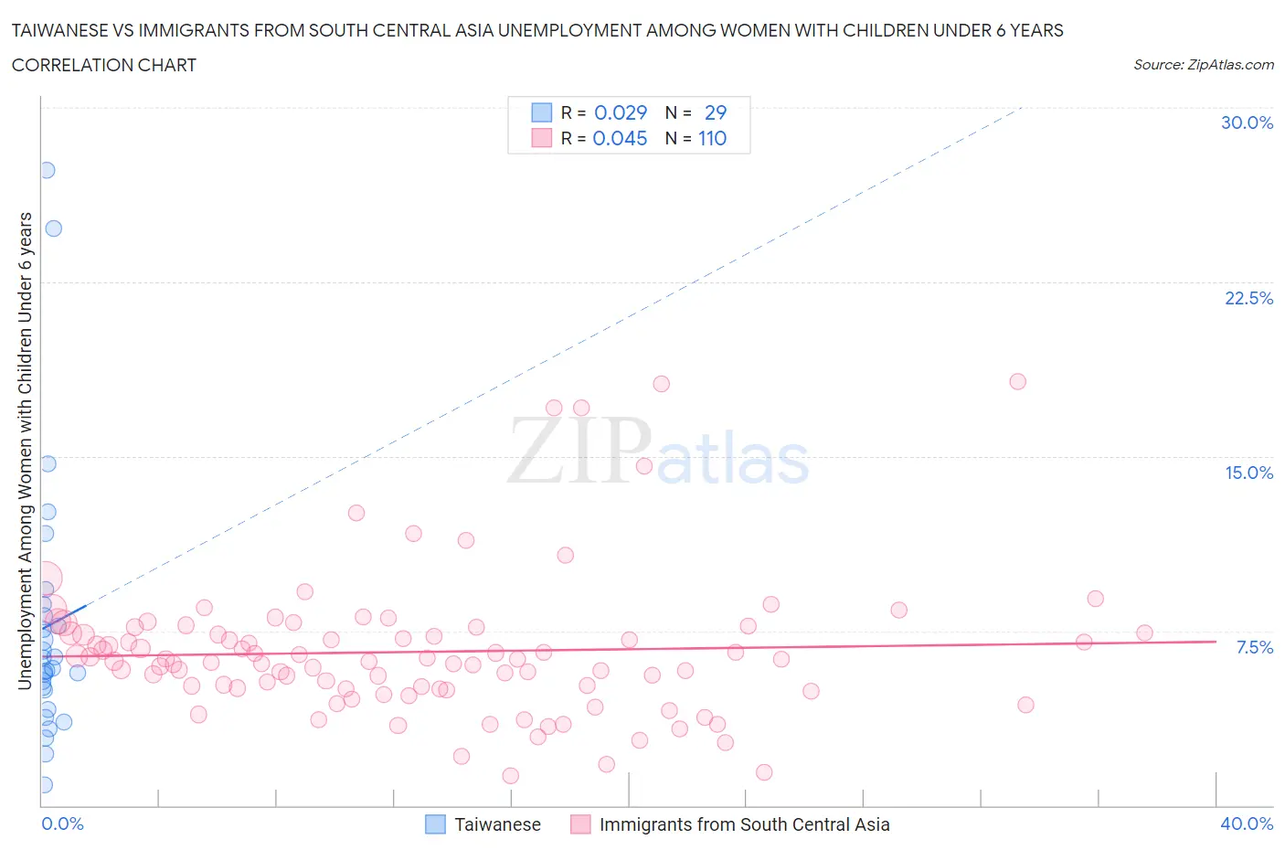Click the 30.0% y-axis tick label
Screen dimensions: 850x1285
pyautogui.click(x=1247, y=122)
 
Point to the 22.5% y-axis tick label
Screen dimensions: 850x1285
pyautogui.click(x=1248, y=298)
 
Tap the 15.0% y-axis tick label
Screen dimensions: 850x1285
pyautogui.click(x=1248, y=473)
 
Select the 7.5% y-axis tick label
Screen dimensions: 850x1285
pyautogui.click(x=1254, y=647)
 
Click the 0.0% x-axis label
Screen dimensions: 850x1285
pyautogui.click(x=62, y=823)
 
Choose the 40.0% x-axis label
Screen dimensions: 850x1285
pyautogui.click(x=1247, y=823)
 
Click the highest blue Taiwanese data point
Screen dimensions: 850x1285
pyautogui.click(x=47, y=170)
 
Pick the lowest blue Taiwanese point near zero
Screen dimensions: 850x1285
pyautogui.click(x=44, y=785)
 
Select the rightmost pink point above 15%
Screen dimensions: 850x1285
pyautogui.click(x=1017, y=381)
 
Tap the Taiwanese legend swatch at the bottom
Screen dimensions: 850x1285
pyautogui.click(x=436, y=824)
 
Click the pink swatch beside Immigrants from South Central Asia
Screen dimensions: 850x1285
pyautogui.click(x=580, y=824)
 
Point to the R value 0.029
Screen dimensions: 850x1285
pyautogui.click(x=621, y=112)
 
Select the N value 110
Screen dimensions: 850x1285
pyautogui.click(x=712, y=138)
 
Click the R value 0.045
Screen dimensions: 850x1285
pyautogui.click(x=620, y=138)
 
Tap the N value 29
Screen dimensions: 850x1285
pyautogui.click(x=716, y=112)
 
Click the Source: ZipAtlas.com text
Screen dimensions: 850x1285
pyautogui.click(x=1203, y=64)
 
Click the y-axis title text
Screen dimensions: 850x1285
pyautogui.click(x=25, y=450)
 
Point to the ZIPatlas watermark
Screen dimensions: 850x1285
pyautogui.click(x=658, y=452)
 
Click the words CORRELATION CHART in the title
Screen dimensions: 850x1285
pyautogui.click(x=104, y=65)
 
